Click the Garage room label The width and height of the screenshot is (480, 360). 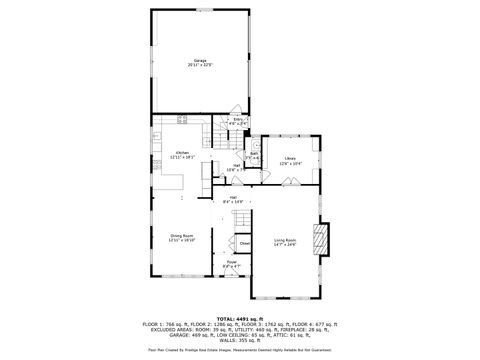coord(201,60)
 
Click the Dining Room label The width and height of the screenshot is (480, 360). coord(182,236)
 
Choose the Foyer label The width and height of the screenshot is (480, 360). coord(231,261)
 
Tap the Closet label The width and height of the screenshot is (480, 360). coord(244,243)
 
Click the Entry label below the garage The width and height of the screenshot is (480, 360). coord(239,119)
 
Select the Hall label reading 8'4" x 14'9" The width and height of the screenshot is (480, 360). coord(233,197)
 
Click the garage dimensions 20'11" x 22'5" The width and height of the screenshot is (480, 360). coord(201,66)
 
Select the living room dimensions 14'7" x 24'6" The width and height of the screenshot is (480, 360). coord(285,245)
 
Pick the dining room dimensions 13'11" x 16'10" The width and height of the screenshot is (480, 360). coord(182,241)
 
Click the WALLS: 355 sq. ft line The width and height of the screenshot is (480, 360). coord(240,340)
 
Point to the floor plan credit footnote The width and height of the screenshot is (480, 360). coord(240,350)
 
